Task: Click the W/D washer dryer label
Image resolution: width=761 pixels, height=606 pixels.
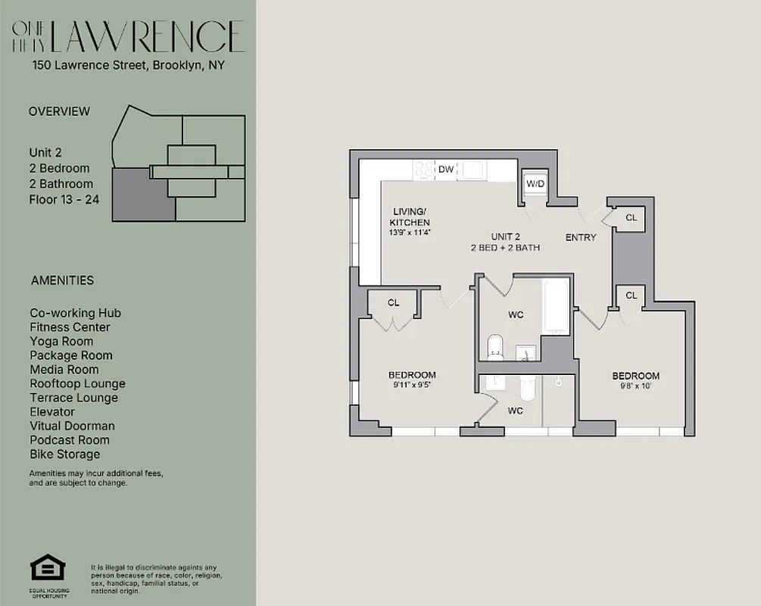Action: coord(535,184)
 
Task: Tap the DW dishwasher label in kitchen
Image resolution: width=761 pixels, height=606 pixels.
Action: coord(446,170)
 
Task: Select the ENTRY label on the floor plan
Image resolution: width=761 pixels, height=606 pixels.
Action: coord(581,237)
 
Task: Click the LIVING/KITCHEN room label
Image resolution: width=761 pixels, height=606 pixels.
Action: coord(410,217)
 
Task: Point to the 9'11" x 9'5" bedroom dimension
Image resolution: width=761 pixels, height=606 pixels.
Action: coord(412,385)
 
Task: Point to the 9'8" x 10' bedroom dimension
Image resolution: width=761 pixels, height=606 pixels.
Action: coord(635,386)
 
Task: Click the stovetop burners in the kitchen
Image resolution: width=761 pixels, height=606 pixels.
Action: coord(423,170)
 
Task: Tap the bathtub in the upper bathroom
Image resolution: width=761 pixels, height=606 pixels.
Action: coord(556,307)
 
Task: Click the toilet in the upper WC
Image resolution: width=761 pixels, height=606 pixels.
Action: coord(495,347)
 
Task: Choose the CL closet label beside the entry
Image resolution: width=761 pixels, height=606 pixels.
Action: coord(631,217)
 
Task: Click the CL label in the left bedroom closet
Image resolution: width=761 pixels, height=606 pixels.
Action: coord(393,303)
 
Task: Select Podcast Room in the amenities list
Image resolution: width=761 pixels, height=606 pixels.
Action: coord(70,440)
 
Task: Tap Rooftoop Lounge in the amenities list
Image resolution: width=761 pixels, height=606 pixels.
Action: coord(77,383)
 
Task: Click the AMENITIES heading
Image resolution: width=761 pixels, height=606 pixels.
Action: coord(62,280)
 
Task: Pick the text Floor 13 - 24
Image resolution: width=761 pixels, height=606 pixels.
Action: coord(64,199)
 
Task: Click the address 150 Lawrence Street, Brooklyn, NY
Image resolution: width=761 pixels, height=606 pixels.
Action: coord(128,65)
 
